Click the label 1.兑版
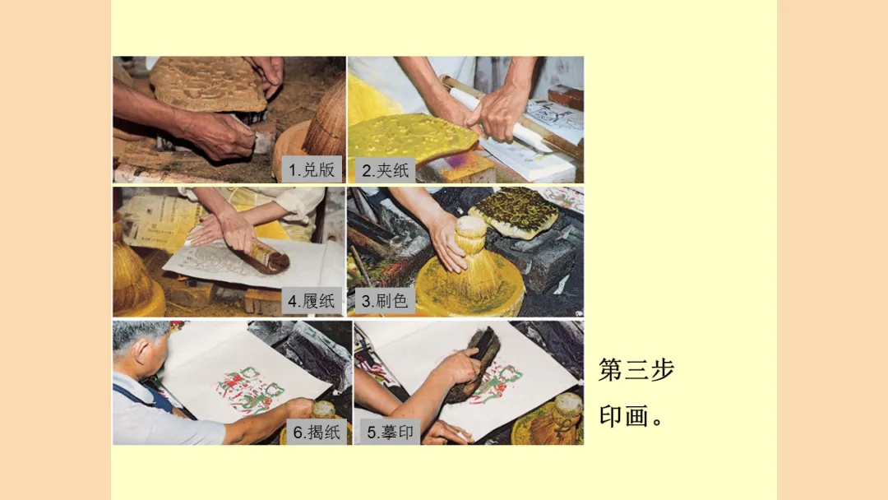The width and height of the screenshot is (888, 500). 312,169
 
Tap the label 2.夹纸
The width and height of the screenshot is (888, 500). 385,170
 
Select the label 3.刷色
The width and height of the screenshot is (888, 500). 385,301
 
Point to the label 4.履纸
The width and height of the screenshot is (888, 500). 312,301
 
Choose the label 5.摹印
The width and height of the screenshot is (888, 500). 391,432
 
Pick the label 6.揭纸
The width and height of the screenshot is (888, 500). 317,432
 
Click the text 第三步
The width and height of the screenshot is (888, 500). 636,370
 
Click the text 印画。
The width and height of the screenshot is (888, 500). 631,416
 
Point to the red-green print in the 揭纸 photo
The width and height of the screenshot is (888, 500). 248,390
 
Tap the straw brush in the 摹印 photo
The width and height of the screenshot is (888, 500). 561,419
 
